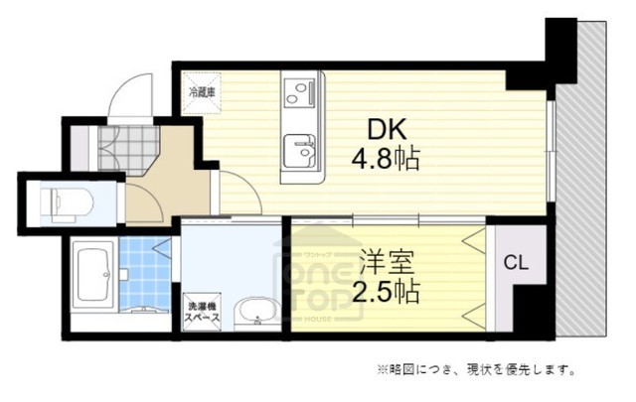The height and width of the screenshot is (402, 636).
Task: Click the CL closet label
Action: (x=514, y=263)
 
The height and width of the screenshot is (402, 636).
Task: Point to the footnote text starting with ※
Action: (x=474, y=371)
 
